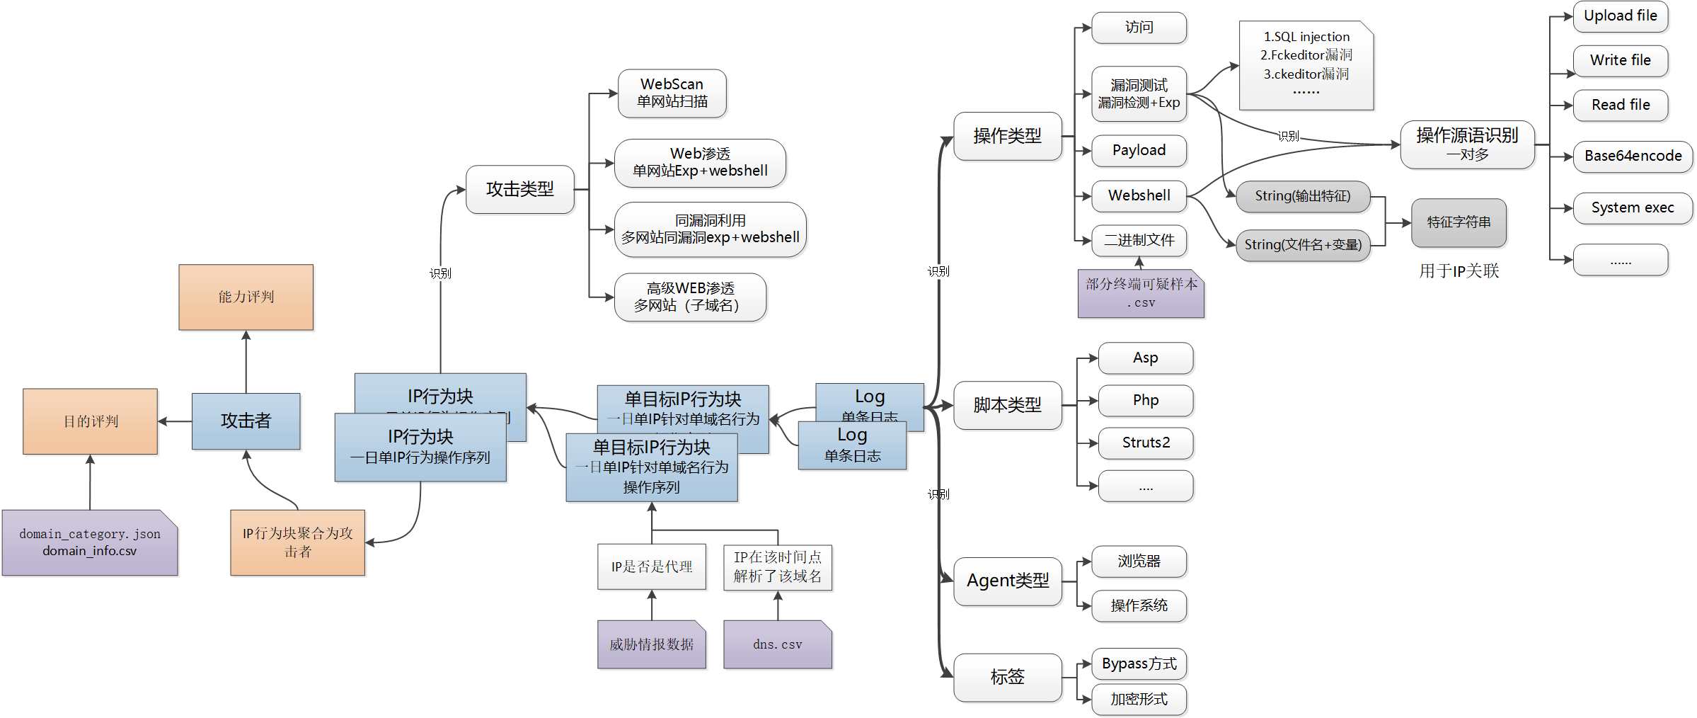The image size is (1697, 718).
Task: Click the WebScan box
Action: point(672,93)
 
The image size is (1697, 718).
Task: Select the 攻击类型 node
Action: point(519,189)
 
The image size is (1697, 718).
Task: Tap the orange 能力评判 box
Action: point(246,297)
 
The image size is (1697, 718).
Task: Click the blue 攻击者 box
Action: point(246,421)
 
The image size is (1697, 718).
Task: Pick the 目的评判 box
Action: point(90,421)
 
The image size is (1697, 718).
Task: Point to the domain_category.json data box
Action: point(89,542)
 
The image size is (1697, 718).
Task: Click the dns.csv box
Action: point(777,644)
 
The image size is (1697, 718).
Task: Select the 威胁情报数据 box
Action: point(651,644)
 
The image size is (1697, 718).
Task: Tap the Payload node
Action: point(1139,150)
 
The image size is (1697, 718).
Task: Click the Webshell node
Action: point(1139,195)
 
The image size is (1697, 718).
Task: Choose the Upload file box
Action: point(1620,16)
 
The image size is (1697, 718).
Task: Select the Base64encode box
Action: point(1633,156)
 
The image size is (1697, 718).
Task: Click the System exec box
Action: point(1633,207)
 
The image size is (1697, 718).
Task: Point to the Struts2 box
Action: point(1145,443)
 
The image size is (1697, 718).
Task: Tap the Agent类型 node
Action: point(1007,581)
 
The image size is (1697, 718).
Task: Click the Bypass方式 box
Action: point(1139,663)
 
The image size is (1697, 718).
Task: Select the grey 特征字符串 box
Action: point(1459,222)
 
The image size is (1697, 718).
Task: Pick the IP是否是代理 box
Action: point(651,566)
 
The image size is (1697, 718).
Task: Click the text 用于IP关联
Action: point(1459,270)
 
